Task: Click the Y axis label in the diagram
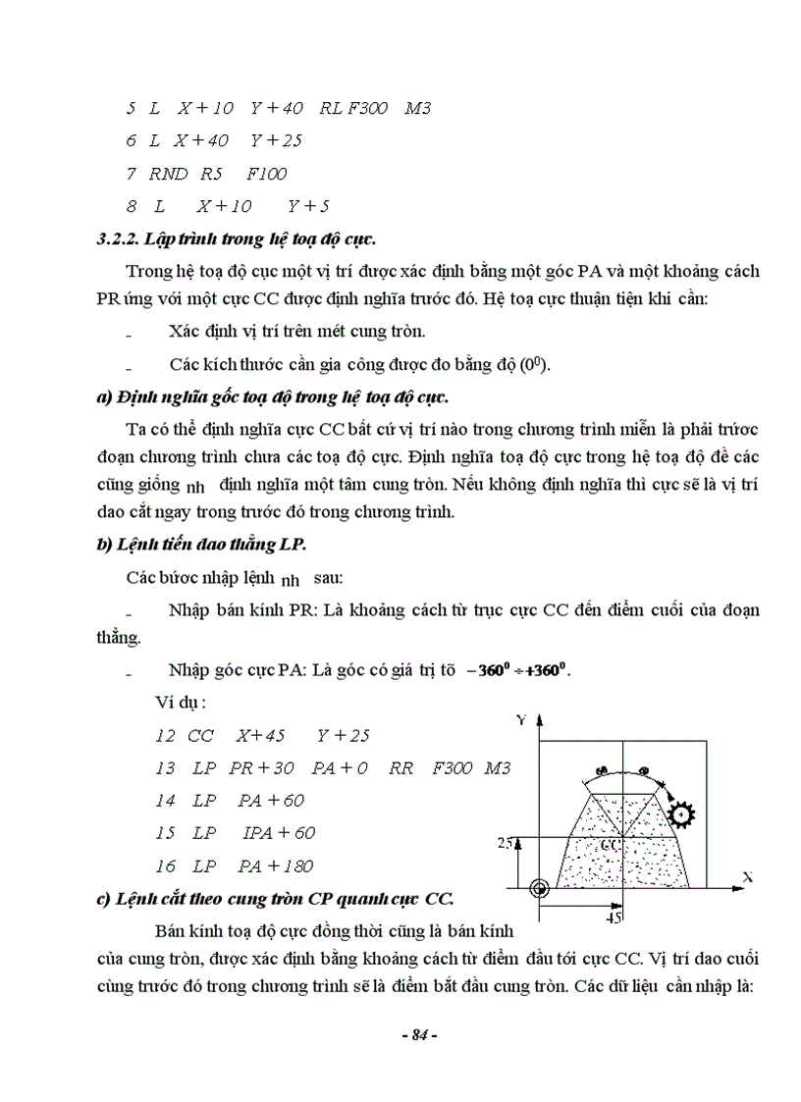coord(521,720)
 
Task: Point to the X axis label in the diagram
coord(747,876)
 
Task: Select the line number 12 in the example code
coord(164,736)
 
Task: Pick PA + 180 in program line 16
coord(275,866)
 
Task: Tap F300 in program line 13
coord(452,767)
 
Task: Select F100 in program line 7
coord(266,174)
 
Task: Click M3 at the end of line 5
coord(418,108)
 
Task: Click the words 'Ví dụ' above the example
coord(178,703)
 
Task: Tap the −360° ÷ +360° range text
coord(518,671)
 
